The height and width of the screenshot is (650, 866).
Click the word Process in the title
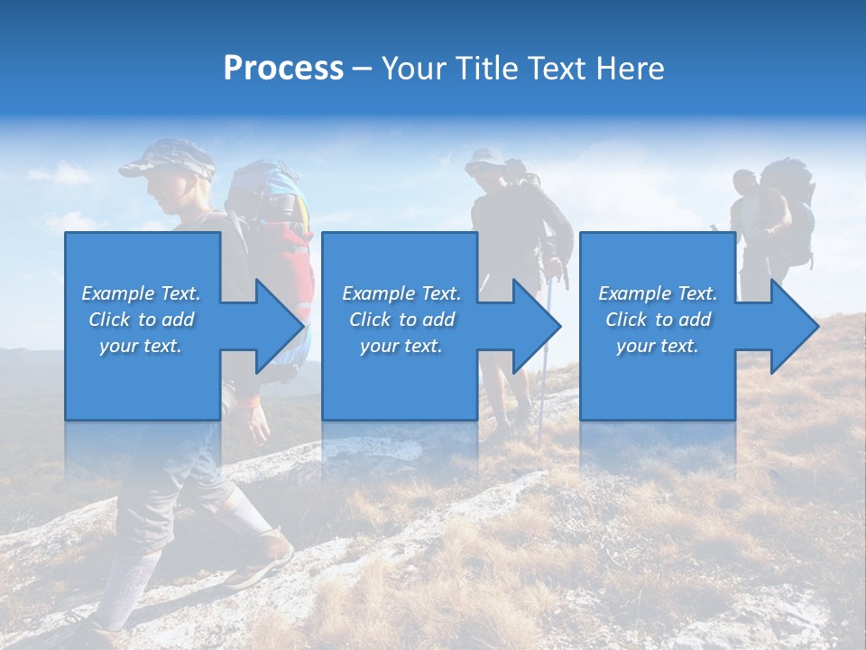click(x=283, y=69)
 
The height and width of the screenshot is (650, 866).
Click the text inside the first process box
click(x=141, y=320)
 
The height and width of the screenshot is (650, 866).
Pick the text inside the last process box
click(x=658, y=320)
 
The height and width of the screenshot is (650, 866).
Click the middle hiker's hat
click(x=484, y=159)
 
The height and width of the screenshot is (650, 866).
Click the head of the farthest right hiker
click(x=744, y=182)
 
